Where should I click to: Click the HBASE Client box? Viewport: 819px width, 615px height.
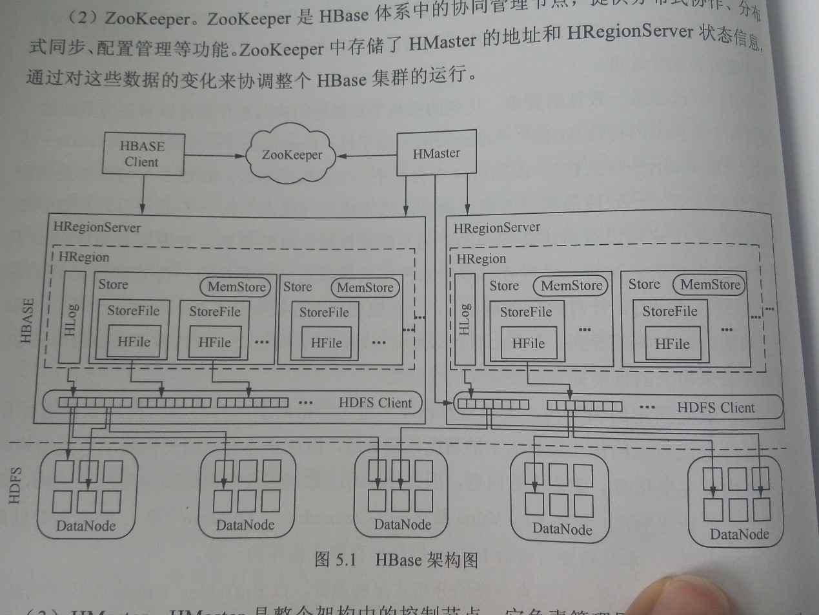(142, 154)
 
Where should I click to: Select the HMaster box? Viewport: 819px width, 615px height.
(436, 154)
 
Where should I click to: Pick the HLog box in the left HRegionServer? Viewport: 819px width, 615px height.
(72, 317)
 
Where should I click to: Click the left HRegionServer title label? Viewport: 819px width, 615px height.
(97, 227)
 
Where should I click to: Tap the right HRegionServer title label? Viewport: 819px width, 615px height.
(497, 228)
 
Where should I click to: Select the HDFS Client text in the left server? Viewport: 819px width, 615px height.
(375, 403)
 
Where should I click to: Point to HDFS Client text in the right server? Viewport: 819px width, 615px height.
(716, 408)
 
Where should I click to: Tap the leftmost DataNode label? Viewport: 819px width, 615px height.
(86, 526)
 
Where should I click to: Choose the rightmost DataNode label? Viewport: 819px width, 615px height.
(739, 534)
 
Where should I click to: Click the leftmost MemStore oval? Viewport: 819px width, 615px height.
(236, 287)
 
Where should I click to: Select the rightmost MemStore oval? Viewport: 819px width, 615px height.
(709, 285)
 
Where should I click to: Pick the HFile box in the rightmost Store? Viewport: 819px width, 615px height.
(672, 344)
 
